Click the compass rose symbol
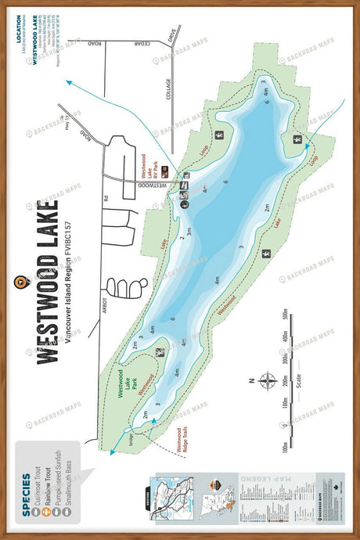tap(267, 382)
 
